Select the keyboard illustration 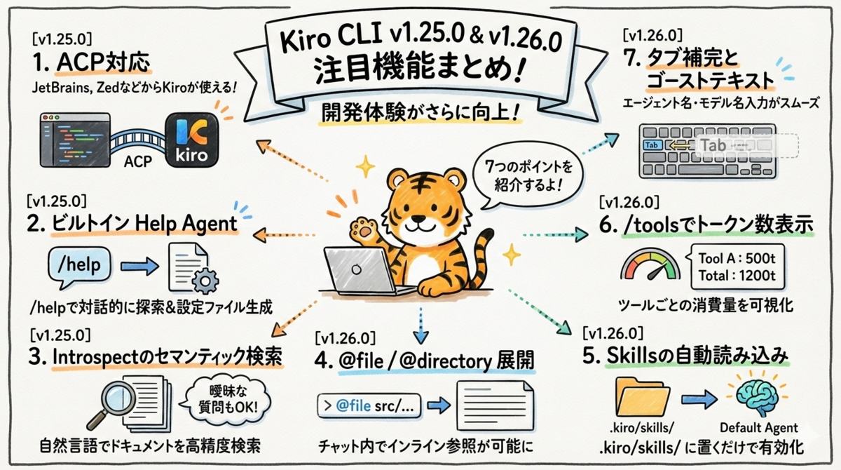coord(708,150)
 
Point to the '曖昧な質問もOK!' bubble coord(228,397)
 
